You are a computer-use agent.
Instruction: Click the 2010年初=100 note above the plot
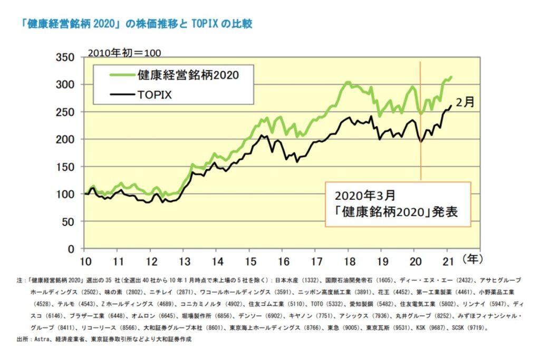pos(124,52)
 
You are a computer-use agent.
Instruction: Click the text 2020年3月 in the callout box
pos(364,196)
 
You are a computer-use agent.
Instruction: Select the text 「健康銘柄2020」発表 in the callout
pos(396,212)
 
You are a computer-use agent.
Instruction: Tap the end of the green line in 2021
pos(452,76)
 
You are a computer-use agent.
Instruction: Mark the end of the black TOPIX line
pos(451,105)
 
